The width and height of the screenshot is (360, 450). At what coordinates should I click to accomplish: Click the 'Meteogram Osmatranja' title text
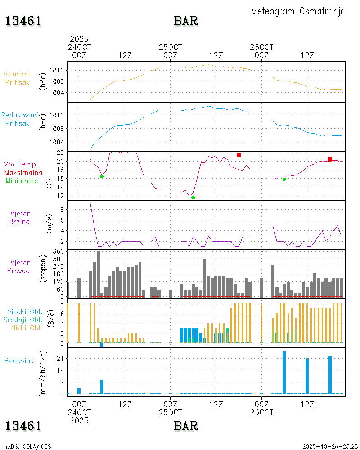298,12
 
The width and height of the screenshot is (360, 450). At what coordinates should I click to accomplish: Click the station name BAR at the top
186,21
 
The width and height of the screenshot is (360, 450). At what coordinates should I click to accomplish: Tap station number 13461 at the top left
23,21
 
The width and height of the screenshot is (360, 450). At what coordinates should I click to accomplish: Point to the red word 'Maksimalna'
23,172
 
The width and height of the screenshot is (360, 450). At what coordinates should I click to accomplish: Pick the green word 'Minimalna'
22,180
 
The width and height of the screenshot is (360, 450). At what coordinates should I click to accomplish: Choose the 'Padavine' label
19,360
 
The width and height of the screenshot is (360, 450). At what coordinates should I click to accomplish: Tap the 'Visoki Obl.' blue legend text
25,311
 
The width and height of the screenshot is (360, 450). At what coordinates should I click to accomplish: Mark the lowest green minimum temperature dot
193,198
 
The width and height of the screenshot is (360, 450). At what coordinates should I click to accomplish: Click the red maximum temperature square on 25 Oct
238,155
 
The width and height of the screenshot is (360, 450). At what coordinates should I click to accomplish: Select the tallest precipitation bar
284,372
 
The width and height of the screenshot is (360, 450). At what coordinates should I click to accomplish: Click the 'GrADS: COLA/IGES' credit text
27,446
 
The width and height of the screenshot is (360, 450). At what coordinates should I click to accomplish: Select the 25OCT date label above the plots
170,47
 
